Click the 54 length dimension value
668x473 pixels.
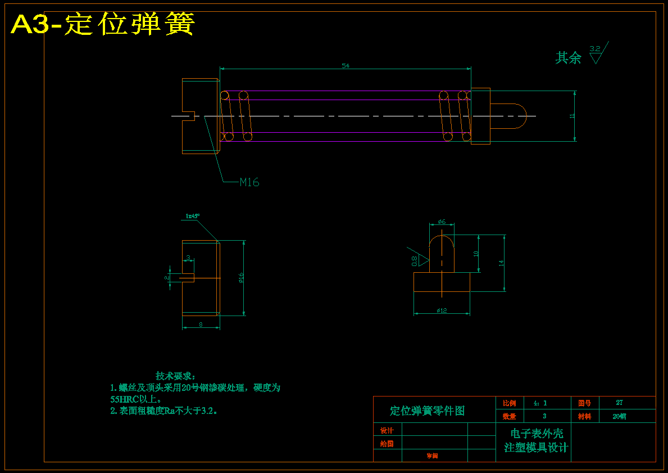(x=346, y=66)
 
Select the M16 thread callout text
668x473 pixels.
(x=249, y=182)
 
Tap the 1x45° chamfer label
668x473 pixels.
(x=193, y=216)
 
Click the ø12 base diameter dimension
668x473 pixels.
(x=442, y=310)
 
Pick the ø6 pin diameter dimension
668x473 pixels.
(x=442, y=222)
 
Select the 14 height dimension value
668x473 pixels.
(x=501, y=262)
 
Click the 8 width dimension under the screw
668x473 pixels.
(x=201, y=325)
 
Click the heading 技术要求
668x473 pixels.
(x=175, y=376)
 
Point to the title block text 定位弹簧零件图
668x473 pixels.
(x=428, y=411)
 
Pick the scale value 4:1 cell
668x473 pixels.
(x=540, y=403)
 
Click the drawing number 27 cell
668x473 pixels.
(x=619, y=403)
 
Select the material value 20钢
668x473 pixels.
(x=619, y=417)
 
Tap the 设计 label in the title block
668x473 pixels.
(x=387, y=431)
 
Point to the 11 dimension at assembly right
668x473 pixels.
(x=572, y=116)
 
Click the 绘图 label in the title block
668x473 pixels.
(x=387, y=444)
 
